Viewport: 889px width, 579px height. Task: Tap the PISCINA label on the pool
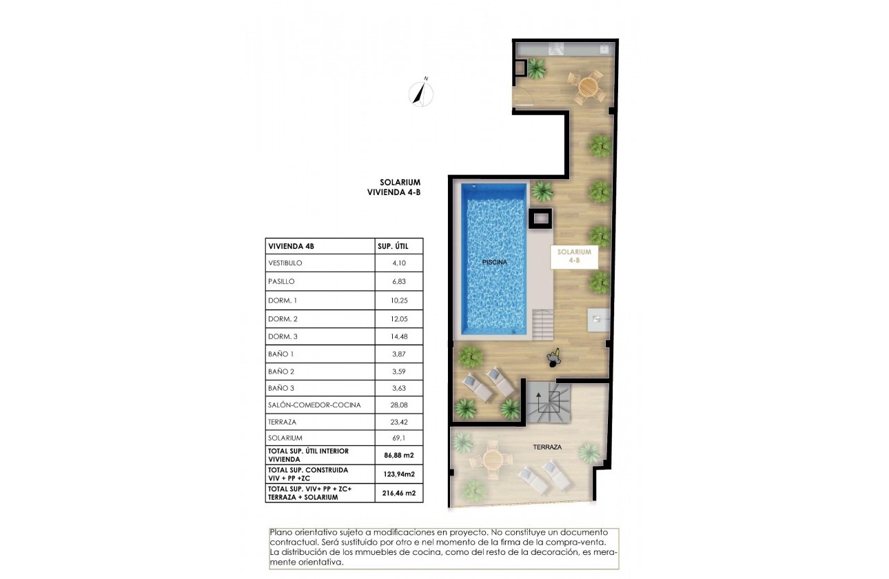pos(495,263)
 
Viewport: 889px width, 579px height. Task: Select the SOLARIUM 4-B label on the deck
pos(574,257)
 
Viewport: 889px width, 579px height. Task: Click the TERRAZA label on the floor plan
pos(547,447)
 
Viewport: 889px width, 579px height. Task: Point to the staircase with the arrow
pos(549,404)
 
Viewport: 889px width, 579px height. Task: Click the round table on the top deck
pos(586,87)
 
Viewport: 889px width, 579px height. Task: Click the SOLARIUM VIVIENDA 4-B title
pos(395,188)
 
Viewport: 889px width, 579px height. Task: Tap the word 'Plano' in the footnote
pos(281,533)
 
